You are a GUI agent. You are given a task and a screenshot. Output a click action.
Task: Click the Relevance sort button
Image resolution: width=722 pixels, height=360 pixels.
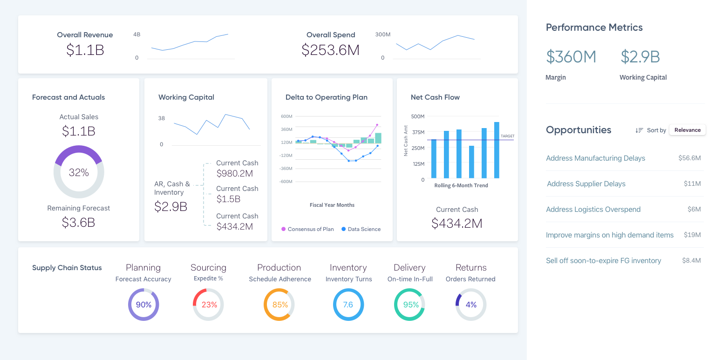tap(687, 130)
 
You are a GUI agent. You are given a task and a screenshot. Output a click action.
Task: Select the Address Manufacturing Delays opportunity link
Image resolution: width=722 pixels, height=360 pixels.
tap(595, 158)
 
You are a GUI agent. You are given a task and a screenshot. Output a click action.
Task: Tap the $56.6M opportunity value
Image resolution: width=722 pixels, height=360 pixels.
tap(689, 158)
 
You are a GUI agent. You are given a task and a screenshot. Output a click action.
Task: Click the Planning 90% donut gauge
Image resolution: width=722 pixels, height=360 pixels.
tap(143, 305)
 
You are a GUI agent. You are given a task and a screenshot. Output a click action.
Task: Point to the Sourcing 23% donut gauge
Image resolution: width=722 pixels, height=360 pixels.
tap(209, 305)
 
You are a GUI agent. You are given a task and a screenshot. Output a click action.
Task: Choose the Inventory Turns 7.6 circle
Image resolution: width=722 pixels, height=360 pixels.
tap(348, 305)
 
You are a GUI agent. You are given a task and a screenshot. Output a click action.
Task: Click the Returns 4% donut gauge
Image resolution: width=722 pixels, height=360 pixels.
tap(471, 305)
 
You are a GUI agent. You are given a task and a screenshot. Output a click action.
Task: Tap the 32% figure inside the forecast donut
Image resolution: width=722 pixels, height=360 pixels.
tap(79, 172)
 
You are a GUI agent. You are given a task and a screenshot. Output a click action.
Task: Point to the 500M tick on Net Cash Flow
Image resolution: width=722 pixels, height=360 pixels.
tap(418, 116)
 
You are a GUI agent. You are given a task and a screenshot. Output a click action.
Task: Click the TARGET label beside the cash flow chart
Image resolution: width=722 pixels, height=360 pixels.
tap(507, 136)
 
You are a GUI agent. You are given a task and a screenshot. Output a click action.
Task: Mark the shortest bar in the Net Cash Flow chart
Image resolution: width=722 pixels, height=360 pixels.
tap(471, 162)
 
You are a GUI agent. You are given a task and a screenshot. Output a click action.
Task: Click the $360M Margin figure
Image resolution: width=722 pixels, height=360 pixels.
tap(571, 57)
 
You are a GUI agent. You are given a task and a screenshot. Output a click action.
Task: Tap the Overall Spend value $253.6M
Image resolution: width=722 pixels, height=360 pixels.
tap(330, 50)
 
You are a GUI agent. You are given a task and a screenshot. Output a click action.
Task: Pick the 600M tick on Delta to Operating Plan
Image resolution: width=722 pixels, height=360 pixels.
tap(286, 116)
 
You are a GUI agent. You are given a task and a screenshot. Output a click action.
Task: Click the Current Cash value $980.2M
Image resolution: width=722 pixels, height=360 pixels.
tap(235, 174)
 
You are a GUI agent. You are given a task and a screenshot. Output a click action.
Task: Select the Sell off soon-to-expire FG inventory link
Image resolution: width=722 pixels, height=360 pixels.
tap(603, 261)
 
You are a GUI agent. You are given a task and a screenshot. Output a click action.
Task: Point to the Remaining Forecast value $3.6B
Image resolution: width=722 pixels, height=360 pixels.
tap(79, 222)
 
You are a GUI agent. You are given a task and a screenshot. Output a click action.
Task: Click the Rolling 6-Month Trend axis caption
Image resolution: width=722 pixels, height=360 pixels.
tap(461, 185)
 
